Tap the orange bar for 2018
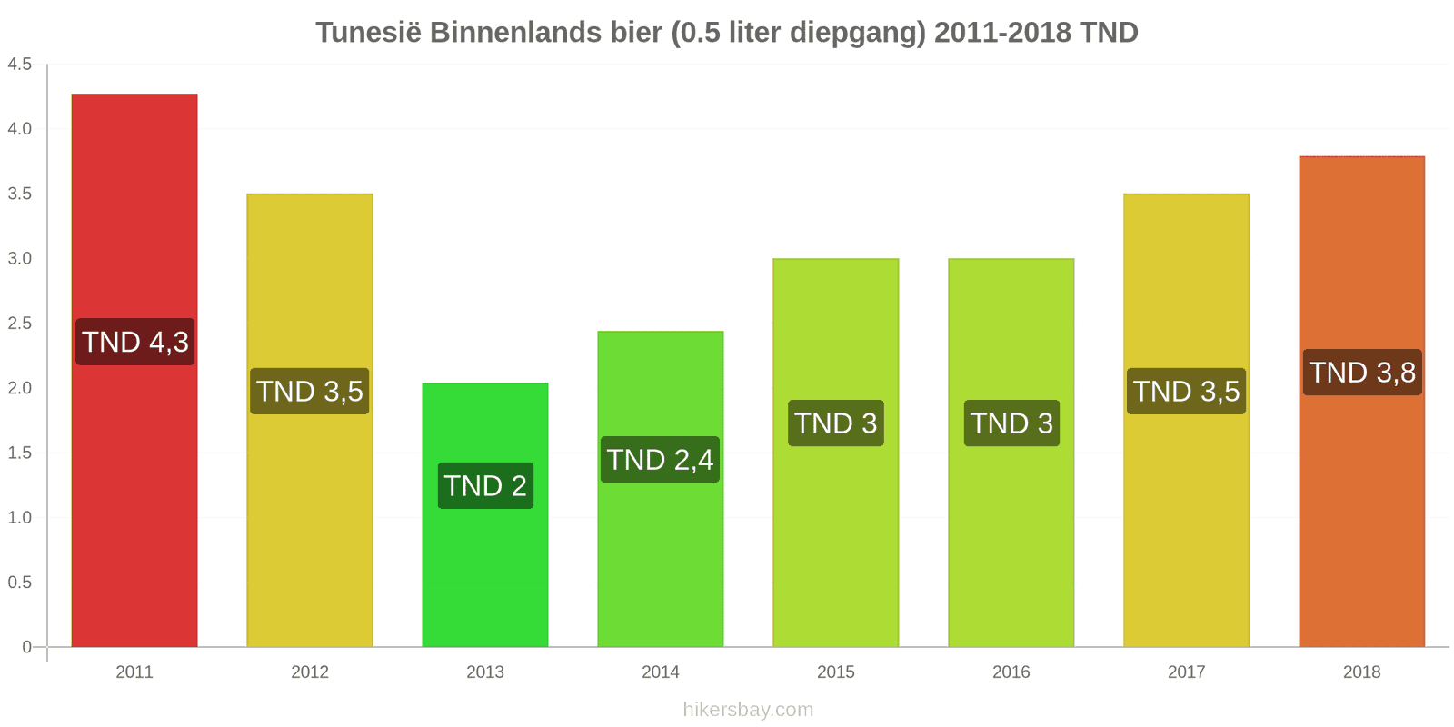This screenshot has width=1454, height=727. point(1361,509)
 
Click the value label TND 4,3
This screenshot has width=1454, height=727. point(135,342)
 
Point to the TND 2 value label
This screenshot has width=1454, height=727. point(485,485)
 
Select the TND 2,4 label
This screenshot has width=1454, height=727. point(661,460)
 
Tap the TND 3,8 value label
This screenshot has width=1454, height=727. point(1362,373)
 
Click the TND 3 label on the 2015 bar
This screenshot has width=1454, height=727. point(836,423)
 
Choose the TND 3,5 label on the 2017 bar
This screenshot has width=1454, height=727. point(1186,392)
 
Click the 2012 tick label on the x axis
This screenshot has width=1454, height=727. point(310,672)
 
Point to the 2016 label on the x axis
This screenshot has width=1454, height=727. point(1011,672)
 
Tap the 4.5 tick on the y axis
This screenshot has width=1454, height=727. point(20,65)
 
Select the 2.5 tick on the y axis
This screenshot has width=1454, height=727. point(20,324)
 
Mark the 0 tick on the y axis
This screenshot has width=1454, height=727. point(27,647)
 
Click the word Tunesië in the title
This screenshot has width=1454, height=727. point(368,33)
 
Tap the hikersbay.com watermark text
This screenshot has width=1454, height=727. point(748,710)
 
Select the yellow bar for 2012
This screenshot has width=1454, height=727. point(310,527)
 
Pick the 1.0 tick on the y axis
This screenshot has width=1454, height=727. point(20,518)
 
